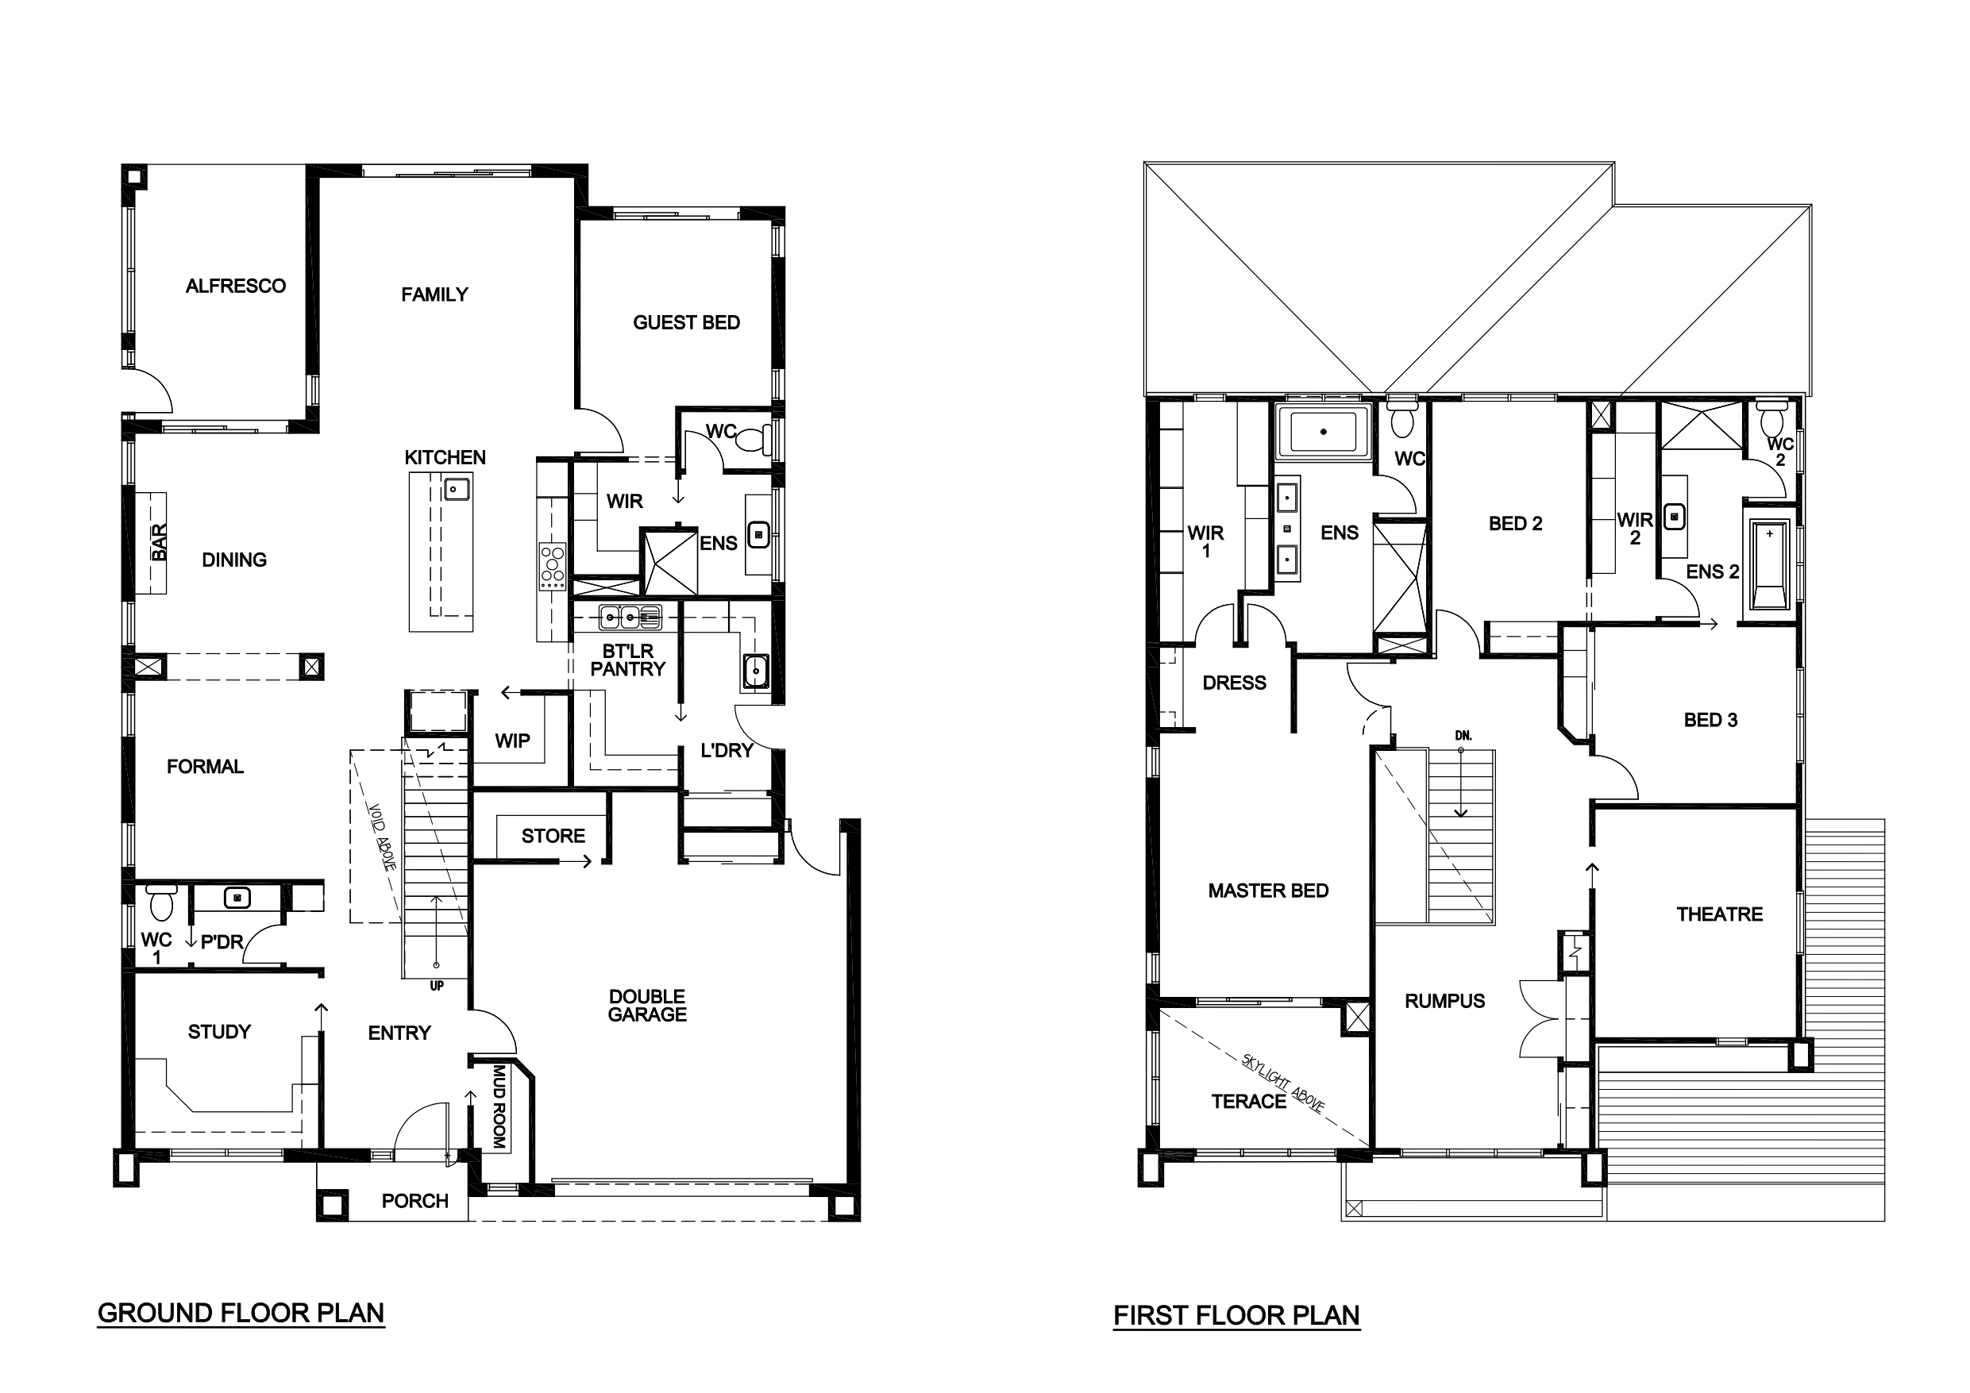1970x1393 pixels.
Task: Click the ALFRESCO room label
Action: pos(236,286)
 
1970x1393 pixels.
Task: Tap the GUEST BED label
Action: pos(686,322)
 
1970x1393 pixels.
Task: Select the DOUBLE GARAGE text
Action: pos(647,1006)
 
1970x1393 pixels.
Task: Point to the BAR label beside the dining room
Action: pos(160,542)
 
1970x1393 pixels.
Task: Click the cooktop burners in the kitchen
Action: pos(552,566)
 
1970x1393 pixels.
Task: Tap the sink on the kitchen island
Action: pos(456,490)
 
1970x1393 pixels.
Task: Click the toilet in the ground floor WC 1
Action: pos(161,902)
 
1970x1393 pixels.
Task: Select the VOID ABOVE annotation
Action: pos(381,837)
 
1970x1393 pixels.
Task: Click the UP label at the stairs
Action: pos(437,987)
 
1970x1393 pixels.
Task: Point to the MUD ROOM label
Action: pos(499,1106)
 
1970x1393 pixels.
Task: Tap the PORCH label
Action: pos(415,1201)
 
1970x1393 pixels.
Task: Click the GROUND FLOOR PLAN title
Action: pos(241,1313)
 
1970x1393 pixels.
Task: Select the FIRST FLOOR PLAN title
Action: pos(1236,1316)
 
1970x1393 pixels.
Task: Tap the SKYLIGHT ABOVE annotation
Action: pos(1284,1083)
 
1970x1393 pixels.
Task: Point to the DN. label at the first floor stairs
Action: pos(1463,736)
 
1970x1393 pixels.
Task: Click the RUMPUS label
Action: pos(1445,1001)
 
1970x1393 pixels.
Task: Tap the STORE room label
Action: pos(553,836)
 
